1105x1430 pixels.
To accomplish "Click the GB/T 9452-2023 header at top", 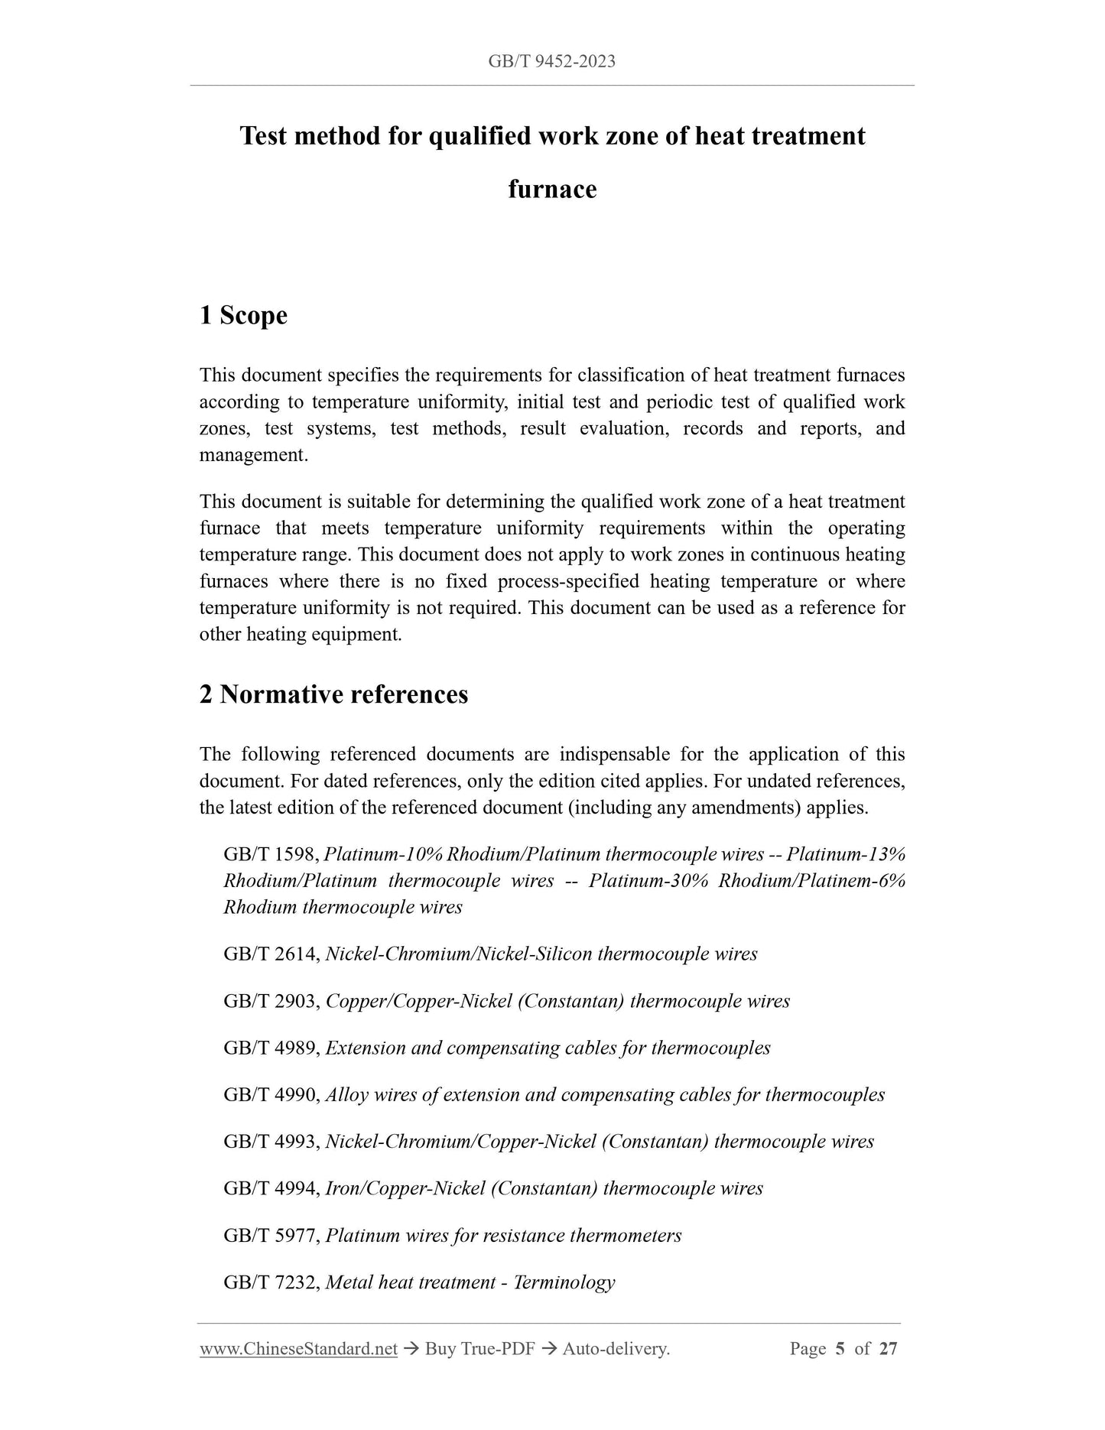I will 551,62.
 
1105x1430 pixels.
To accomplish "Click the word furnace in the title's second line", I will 552,189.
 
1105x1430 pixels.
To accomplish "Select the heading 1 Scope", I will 243,315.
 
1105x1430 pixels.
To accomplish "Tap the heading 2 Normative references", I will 333,694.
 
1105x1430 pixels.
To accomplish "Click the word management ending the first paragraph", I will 252,456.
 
